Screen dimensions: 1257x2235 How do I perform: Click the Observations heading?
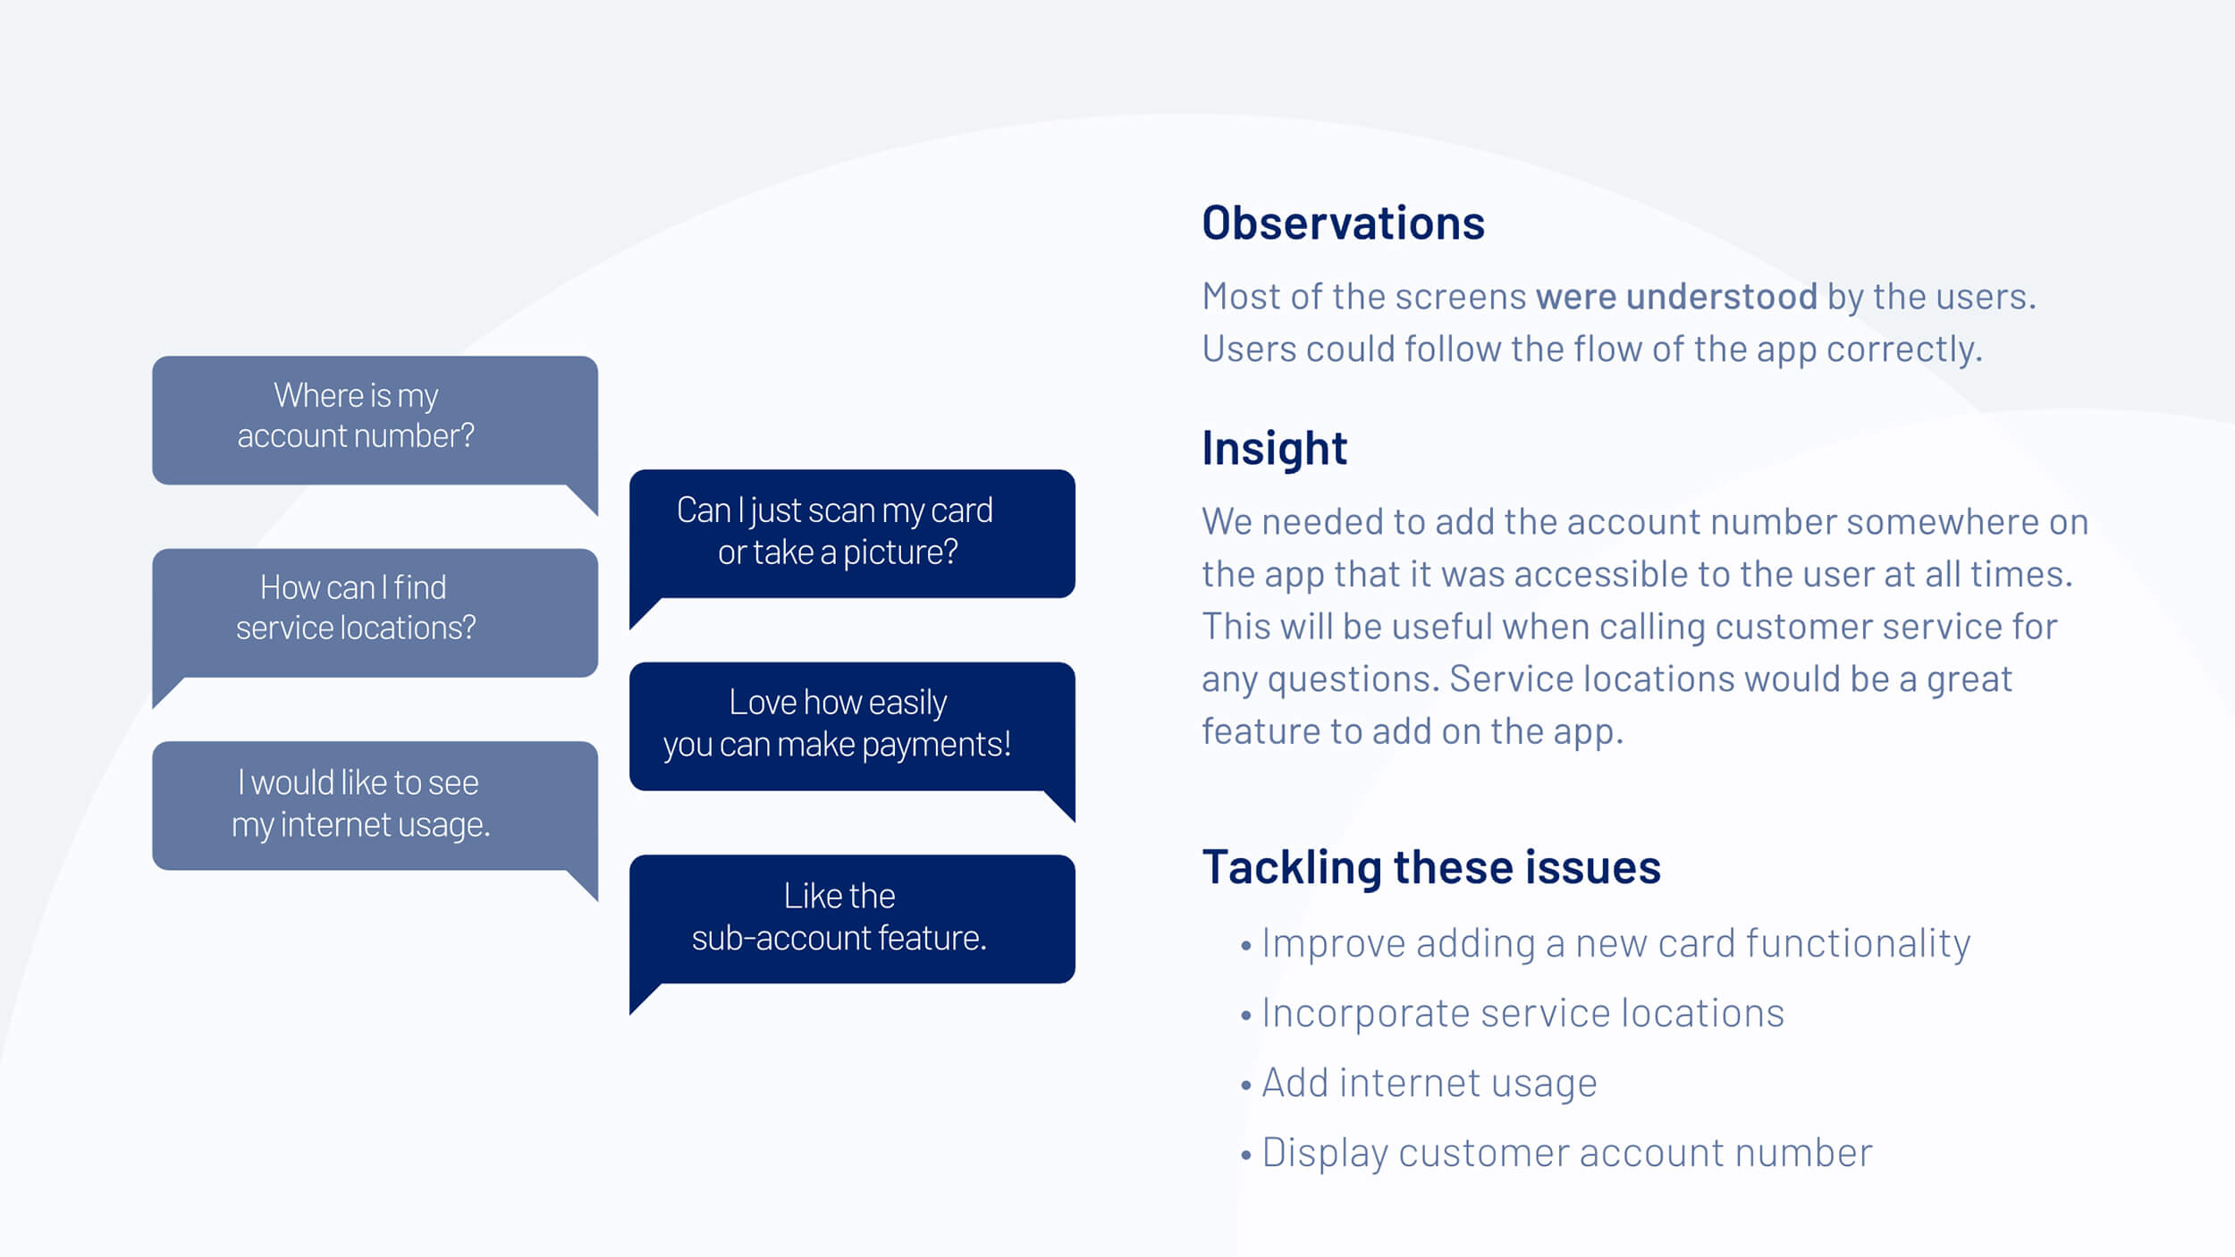(x=1342, y=223)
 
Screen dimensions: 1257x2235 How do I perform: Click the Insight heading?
(x=1273, y=448)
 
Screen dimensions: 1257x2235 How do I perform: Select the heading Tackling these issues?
(x=1430, y=866)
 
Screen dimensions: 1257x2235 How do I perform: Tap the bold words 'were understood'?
(x=1675, y=296)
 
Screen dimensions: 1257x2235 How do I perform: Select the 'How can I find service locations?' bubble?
(x=374, y=612)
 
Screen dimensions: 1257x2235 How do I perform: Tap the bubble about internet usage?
(x=374, y=804)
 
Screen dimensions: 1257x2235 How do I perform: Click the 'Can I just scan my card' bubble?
(x=851, y=532)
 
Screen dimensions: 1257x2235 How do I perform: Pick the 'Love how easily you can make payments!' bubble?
(x=851, y=725)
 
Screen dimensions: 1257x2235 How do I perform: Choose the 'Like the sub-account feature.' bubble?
(x=851, y=917)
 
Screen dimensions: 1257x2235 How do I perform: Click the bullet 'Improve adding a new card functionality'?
(x=1615, y=943)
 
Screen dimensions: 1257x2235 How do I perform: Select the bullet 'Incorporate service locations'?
(x=1522, y=1013)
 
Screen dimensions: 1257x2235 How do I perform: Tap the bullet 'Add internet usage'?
(x=1428, y=1083)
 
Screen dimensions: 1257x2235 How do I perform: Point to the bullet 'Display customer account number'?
(x=1565, y=1152)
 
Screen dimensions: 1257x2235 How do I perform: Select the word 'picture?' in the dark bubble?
(x=899, y=553)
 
